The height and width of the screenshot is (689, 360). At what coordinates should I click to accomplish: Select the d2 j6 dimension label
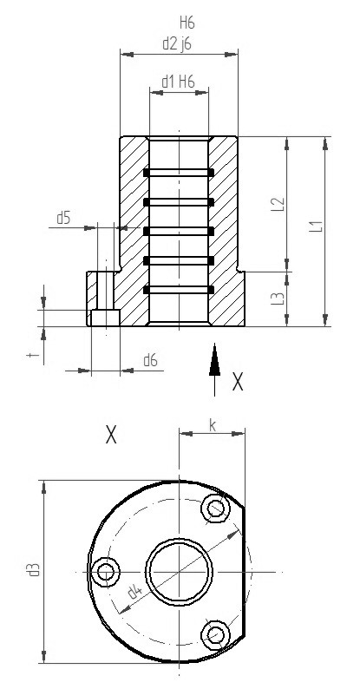[x=178, y=42]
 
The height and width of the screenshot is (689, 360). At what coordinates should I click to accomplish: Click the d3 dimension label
[x=33, y=570]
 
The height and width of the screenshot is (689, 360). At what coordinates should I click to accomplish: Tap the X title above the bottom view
[x=110, y=435]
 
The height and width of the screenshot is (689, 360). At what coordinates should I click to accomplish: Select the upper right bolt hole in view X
[x=213, y=509]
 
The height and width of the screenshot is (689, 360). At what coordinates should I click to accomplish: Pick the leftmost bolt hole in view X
[x=106, y=571]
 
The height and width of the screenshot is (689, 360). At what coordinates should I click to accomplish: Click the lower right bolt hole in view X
[x=213, y=634]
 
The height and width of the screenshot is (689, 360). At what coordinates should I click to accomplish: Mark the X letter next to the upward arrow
[x=237, y=383]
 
